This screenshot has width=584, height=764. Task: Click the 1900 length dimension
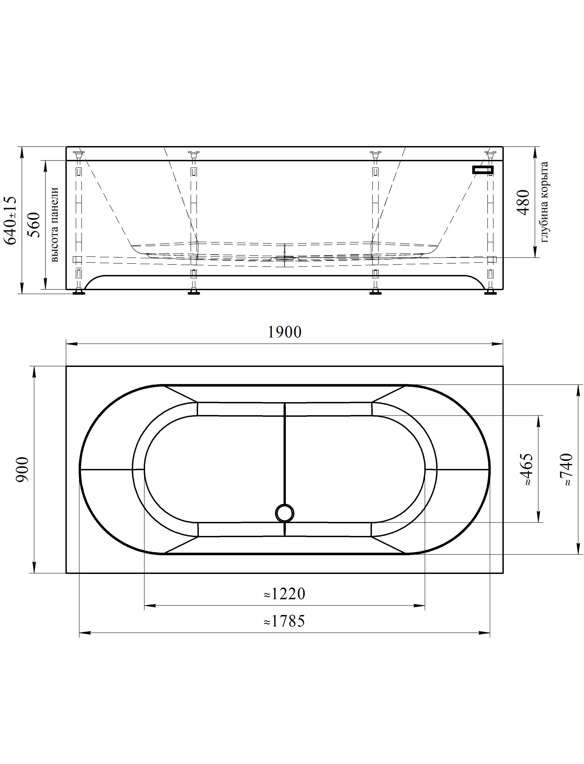pos(284,332)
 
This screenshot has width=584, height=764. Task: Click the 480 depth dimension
pos(523,202)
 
